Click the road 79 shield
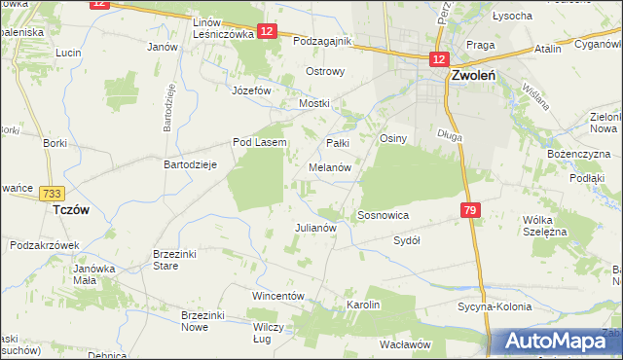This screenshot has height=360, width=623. point(471,210)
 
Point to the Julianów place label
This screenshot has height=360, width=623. point(315,228)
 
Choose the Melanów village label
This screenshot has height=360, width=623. point(336,167)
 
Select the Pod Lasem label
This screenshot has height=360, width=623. point(259,142)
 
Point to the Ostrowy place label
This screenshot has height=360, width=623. point(325,72)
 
